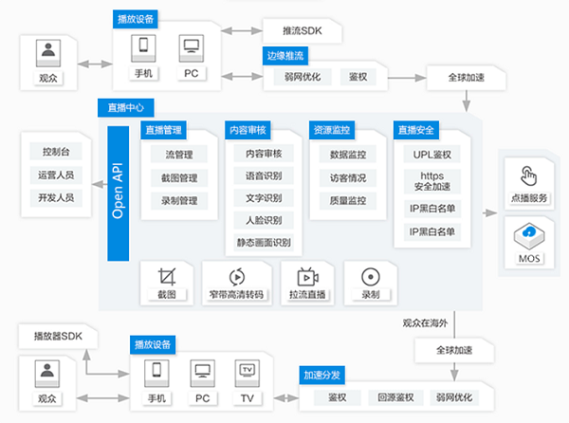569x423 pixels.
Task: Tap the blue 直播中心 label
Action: tap(126, 109)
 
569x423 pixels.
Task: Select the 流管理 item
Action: tap(180, 153)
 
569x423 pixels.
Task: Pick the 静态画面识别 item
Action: tap(264, 243)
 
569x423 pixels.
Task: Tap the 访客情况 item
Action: tap(348, 176)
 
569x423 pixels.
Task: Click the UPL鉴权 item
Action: tap(431, 154)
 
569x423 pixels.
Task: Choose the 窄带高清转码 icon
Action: tap(238, 276)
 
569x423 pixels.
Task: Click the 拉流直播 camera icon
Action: tap(306, 276)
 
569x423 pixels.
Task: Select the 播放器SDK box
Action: tap(58, 335)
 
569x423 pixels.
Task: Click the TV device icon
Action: tap(247, 370)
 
